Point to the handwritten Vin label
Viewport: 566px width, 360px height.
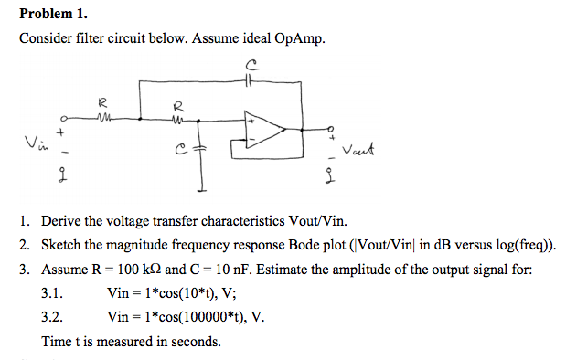pos(34,143)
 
